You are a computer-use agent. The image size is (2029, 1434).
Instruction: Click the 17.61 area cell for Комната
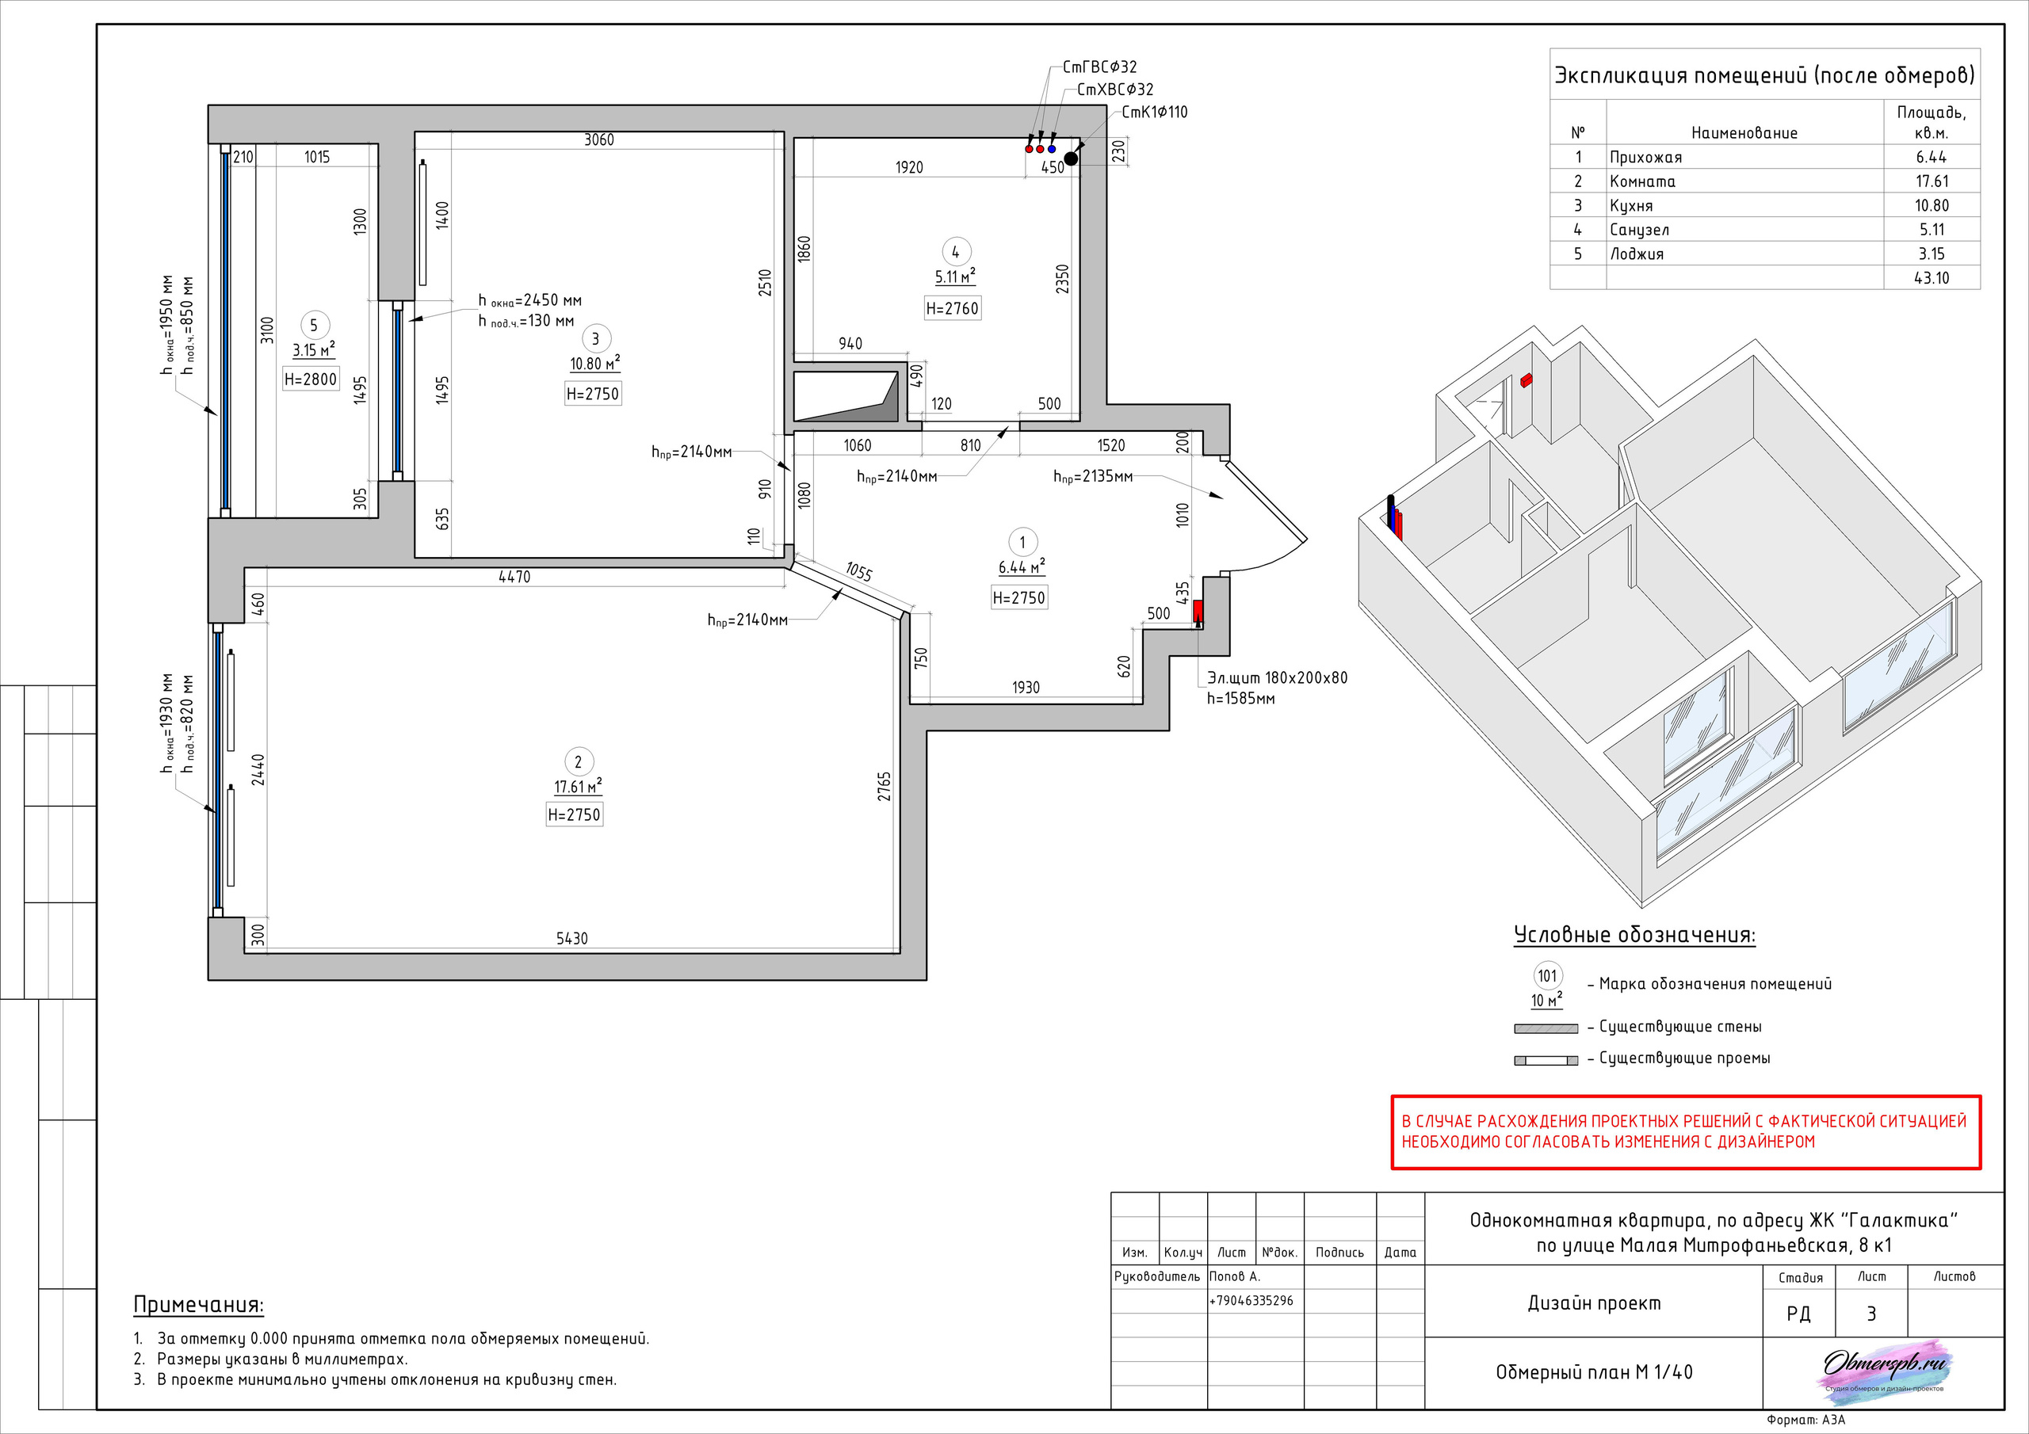pyautogui.click(x=1932, y=181)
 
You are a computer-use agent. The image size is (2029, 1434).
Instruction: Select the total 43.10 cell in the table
pyautogui.click(x=1932, y=277)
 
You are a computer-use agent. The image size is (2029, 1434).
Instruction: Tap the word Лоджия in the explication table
pyautogui.click(x=1637, y=254)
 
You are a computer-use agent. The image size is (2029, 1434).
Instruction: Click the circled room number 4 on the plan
pyautogui.click(x=955, y=252)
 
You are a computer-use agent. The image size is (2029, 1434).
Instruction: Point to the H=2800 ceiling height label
pyautogui.click(x=310, y=379)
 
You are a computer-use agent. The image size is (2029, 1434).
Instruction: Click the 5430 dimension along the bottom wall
pyautogui.click(x=571, y=938)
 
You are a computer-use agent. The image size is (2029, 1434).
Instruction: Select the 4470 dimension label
pyautogui.click(x=514, y=577)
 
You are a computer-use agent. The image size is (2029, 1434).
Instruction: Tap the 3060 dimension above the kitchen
pyautogui.click(x=599, y=139)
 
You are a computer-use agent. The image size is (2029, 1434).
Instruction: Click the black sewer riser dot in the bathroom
pyautogui.click(x=1071, y=159)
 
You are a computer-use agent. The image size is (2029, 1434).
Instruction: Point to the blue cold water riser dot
pyautogui.click(x=1052, y=149)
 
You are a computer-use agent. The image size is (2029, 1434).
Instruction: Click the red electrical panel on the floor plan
pyautogui.click(x=1198, y=612)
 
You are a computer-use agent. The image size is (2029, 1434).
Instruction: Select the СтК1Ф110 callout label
pyautogui.click(x=1154, y=113)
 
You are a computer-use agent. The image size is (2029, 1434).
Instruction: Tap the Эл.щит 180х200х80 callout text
pyautogui.click(x=1278, y=677)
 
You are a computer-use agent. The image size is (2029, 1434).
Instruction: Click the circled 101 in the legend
pyautogui.click(x=1547, y=976)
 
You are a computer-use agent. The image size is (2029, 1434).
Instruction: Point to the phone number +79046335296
pyautogui.click(x=1251, y=1301)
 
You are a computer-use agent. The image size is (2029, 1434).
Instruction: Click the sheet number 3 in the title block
pyautogui.click(x=1870, y=1314)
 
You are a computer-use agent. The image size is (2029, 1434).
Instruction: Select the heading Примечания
pyautogui.click(x=199, y=1305)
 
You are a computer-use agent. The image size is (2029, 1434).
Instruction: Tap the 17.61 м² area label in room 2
pyautogui.click(x=578, y=787)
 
